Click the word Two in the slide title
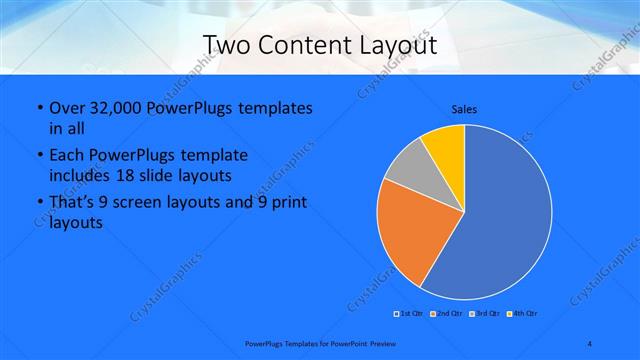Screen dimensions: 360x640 (227, 45)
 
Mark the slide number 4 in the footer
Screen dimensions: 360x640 (590, 344)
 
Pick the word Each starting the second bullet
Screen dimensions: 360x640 (66, 156)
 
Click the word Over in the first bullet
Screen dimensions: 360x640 (67, 108)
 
